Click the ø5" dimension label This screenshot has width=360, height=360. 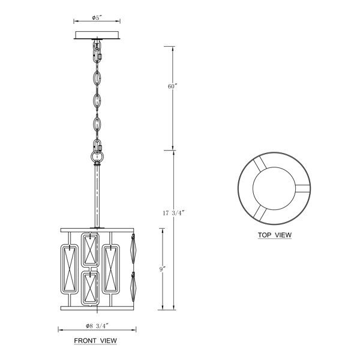point(97,17)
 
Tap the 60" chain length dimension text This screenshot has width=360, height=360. point(173,86)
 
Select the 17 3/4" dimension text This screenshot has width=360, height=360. point(173,213)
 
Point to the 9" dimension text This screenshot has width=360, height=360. point(163,269)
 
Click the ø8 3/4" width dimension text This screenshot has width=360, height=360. point(97,326)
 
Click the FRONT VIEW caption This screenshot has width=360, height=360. point(95,341)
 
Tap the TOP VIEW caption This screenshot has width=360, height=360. point(275,235)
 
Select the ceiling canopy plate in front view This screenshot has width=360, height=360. point(97,35)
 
